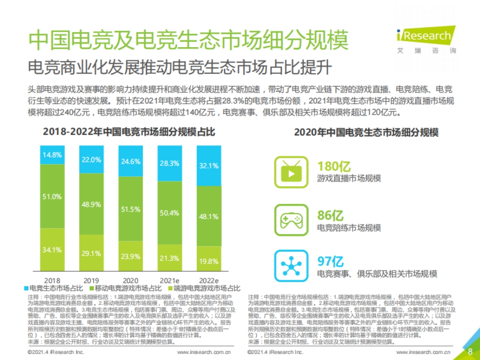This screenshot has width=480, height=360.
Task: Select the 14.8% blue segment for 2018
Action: coord(52,155)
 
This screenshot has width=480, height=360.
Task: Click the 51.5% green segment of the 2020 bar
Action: coord(130,208)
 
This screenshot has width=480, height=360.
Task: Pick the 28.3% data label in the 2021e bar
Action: coord(170,163)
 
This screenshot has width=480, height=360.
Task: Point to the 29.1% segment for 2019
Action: coord(91,254)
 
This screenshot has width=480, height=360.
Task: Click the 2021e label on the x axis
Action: coord(170,280)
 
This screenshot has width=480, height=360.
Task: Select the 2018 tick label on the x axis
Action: coord(52,280)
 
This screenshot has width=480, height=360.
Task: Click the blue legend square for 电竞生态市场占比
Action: coord(26,288)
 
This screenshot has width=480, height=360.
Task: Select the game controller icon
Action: coord(292,220)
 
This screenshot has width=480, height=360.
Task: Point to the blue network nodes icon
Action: coord(292,265)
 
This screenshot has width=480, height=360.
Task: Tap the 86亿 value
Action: coord(330,216)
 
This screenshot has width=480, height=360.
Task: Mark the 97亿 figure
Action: coord(330,262)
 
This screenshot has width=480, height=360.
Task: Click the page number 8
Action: coord(470,352)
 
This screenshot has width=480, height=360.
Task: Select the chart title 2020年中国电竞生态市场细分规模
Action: coord(366,132)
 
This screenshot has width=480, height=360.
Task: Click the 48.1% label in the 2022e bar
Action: coord(209,216)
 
